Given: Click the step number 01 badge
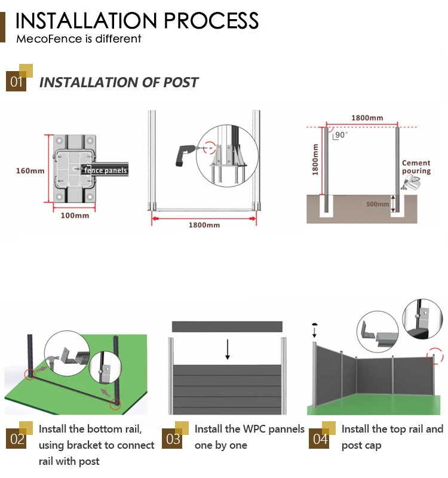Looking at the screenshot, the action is [16, 81].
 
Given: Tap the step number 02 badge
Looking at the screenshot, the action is [17, 439].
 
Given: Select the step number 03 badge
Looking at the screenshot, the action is [173, 439].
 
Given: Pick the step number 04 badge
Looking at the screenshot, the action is [320, 439].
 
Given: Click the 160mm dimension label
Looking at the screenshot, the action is [30, 171].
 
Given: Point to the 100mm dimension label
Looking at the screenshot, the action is [75, 215].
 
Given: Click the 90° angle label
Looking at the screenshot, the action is [341, 135].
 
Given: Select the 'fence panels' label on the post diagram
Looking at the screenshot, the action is [106, 170].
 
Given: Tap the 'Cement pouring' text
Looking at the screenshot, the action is [416, 167].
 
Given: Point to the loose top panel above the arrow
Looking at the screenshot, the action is [227, 326].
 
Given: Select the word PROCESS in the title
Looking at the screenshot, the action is [211, 21].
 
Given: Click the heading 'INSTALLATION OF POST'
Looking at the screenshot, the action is [118, 82].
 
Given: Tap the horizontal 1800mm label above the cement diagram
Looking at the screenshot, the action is [367, 118].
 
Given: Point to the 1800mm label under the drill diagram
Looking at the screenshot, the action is [204, 225].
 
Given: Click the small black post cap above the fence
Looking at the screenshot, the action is [315, 327].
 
